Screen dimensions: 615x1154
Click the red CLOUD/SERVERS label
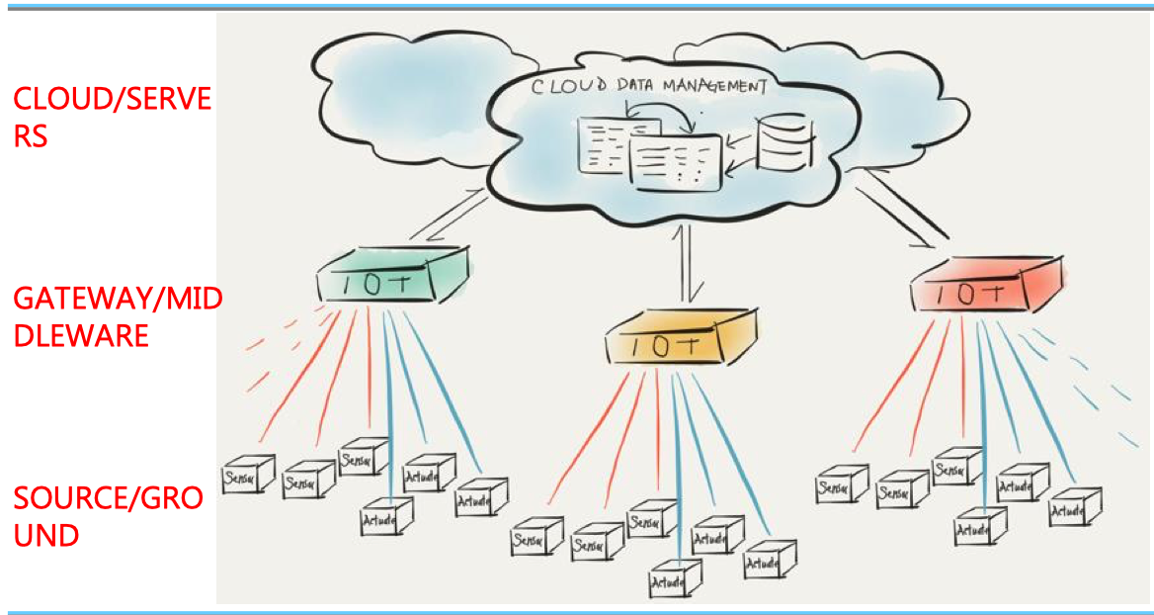111,117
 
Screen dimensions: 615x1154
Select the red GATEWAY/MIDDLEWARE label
117,316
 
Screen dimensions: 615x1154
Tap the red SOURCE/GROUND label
108,515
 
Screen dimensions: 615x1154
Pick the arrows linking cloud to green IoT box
450,215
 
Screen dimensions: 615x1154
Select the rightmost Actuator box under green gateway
480,498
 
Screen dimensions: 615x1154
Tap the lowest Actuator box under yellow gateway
675,578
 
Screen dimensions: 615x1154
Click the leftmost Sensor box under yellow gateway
536,540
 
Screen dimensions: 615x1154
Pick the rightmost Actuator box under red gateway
1074,506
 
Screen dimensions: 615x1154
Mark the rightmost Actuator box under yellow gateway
769,560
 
